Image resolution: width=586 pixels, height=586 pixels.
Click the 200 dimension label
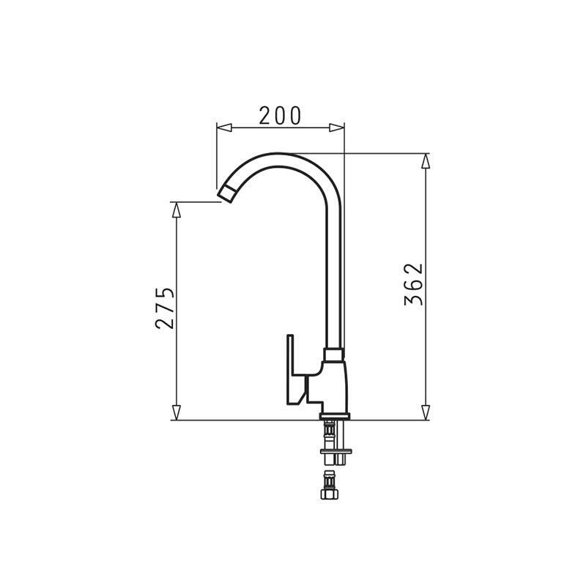pos(280,116)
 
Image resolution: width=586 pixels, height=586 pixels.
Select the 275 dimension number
pos(165,308)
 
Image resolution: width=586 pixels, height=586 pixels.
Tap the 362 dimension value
pos(414,284)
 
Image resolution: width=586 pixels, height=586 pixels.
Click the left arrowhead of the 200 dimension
pos(224,127)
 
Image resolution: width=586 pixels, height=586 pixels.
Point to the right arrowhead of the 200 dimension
pos(336,127)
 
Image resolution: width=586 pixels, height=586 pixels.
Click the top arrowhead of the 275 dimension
pos(177,209)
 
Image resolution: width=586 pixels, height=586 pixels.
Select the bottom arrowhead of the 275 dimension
pos(177,412)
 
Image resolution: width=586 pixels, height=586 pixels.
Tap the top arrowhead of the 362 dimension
pos(426,161)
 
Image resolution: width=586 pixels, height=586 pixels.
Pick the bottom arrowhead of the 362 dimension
pos(426,412)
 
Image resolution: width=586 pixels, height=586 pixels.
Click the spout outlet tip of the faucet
pos(226,194)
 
